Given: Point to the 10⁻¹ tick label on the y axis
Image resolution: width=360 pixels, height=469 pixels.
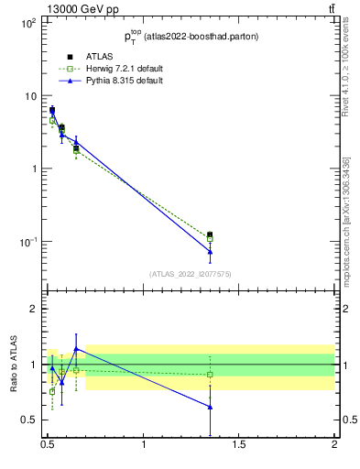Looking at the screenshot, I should tap(26, 242).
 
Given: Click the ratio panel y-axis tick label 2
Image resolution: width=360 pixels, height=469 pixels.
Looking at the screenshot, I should tap(34, 309).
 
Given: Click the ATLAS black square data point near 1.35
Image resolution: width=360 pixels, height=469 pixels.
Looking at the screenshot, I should tap(210, 235).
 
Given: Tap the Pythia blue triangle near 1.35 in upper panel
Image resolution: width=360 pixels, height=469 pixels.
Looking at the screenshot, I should tap(210, 251).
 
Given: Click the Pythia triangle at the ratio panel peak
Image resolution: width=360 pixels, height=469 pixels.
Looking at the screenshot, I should tap(76, 348).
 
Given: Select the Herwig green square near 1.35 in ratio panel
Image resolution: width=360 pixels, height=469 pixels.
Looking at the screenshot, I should tap(210, 374).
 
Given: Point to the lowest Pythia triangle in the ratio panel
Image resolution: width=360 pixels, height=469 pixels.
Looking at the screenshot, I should tap(210, 407).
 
